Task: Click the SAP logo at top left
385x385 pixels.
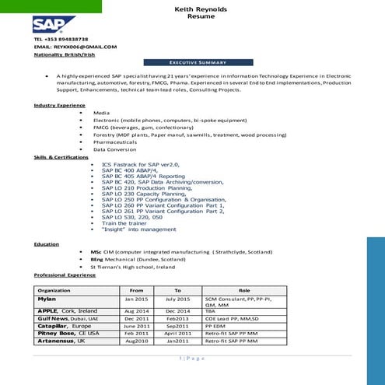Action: click(x=49, y=23)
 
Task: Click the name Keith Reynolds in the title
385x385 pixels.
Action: click(x=190, y=7)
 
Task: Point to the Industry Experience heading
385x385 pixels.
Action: click(x=60, y=105)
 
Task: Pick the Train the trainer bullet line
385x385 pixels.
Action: click(x=128, y=223)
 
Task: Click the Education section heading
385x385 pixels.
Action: click(x=47, y=244)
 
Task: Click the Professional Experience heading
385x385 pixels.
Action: click(x=65, y=275)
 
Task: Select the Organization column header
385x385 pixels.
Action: click(x=54, y=291)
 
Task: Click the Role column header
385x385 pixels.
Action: click(x=243, y=291)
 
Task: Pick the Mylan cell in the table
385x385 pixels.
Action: click(x=47, y=299)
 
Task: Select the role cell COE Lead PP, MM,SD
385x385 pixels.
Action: click(x=231, y=318)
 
